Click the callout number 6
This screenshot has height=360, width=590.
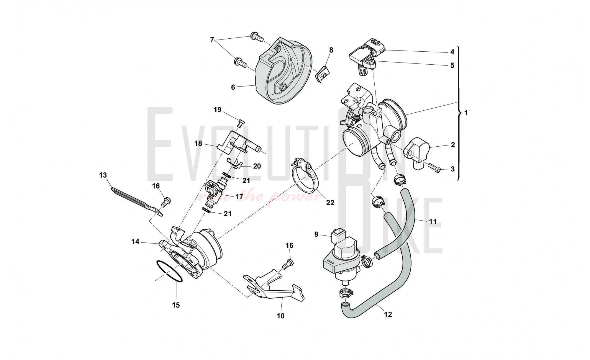(233, 87)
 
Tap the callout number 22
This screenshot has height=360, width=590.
(330, 203)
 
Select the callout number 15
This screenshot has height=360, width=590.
(176, 305)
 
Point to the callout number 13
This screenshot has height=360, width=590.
(103, 175)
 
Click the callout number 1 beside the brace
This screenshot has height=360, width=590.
(466, 113)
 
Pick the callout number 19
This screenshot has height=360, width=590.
(217, 110)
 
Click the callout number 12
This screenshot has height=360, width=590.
(388, 314)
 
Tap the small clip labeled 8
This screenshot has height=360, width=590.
(322, 73)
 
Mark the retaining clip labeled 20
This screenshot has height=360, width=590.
(235, 164)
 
